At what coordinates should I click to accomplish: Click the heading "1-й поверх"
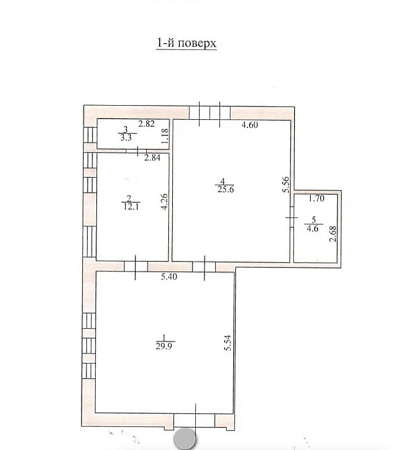[x=186, y=44]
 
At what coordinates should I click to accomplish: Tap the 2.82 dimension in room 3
[x=146, y=124]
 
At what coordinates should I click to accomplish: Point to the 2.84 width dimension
[x=152, y=158]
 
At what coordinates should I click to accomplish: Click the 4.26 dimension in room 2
[x=165, y=202]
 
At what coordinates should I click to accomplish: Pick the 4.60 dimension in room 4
[x=250, y=125]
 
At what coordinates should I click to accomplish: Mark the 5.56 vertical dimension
[x=286, y=185]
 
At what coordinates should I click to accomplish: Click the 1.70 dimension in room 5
[x=316, y=198]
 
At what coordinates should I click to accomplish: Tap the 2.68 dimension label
[x=333, y=234]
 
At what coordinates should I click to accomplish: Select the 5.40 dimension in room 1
[x=169, y=277]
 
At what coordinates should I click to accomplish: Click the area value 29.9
[x=164, y=347]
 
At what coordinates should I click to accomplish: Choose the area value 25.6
[x=226, y=189]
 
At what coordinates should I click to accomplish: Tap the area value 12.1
[x=131, y=207]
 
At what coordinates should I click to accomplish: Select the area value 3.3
[x=126, y=138]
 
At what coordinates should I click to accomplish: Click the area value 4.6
[x=312, y=229]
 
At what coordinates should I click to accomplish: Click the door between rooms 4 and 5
[x=292, y=217]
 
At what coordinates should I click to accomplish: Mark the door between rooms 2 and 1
[x=136, y=267]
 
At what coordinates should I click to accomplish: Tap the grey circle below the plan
[x=185, y=439]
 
